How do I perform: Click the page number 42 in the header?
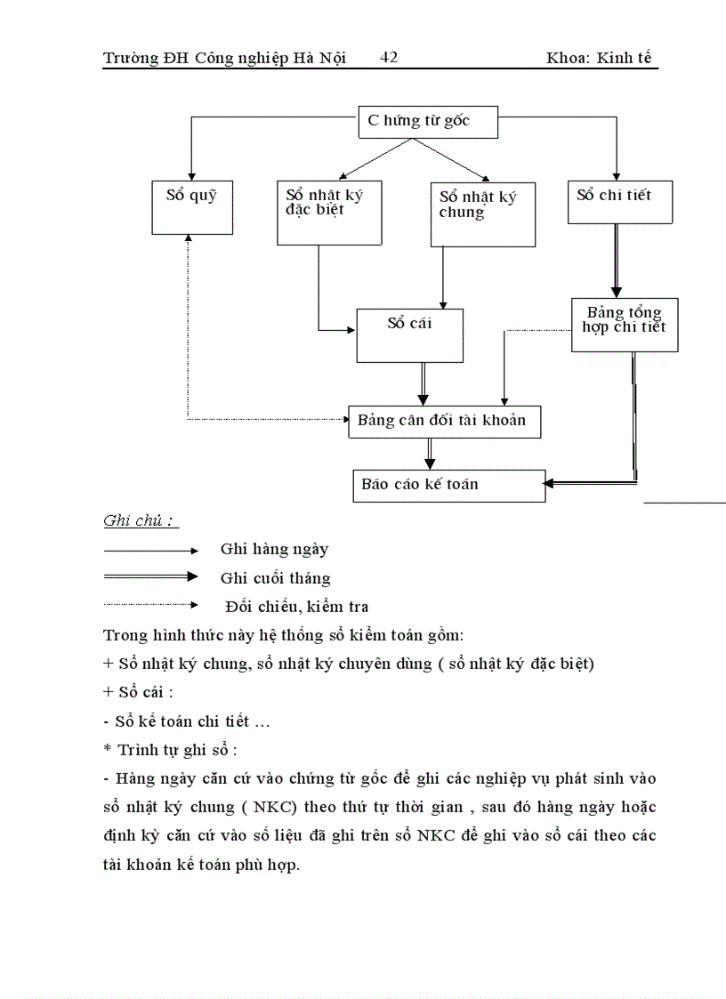[389, 58]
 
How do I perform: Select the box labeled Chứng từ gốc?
[427, 122]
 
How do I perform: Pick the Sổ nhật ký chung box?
[485, 214]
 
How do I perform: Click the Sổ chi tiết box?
[620, 203]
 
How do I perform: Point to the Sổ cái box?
[409, 335]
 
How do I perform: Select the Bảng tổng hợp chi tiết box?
[624, 325]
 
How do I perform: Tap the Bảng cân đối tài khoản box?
[443, 421]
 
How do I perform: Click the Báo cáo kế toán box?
[449, 485]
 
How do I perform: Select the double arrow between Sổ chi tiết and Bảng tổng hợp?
[616, 261]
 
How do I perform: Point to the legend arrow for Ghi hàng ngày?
[150, 551]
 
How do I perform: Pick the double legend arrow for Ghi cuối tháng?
[150, 577]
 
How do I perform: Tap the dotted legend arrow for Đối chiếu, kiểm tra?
[150, 605]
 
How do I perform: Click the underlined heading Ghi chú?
[138, 521]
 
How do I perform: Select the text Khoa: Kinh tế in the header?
[602, 59]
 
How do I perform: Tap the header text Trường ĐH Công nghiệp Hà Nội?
[224, 59]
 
